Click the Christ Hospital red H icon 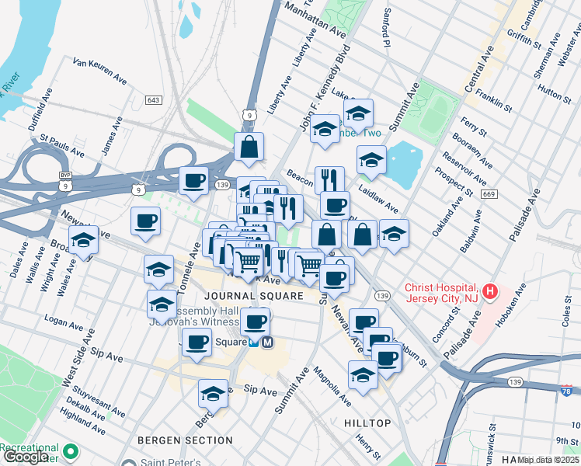pyautogui.click(x=489, y=293)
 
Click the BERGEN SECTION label pyautogui.click(x=185, y=440)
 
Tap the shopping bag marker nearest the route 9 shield pyautogui.click(x=249, y=147)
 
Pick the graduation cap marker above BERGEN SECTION pyautogui.click(x=213, y=393)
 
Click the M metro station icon pyautogui.click(x=266, y=342)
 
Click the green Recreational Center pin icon pyautogui.click(x=71, y=451)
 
